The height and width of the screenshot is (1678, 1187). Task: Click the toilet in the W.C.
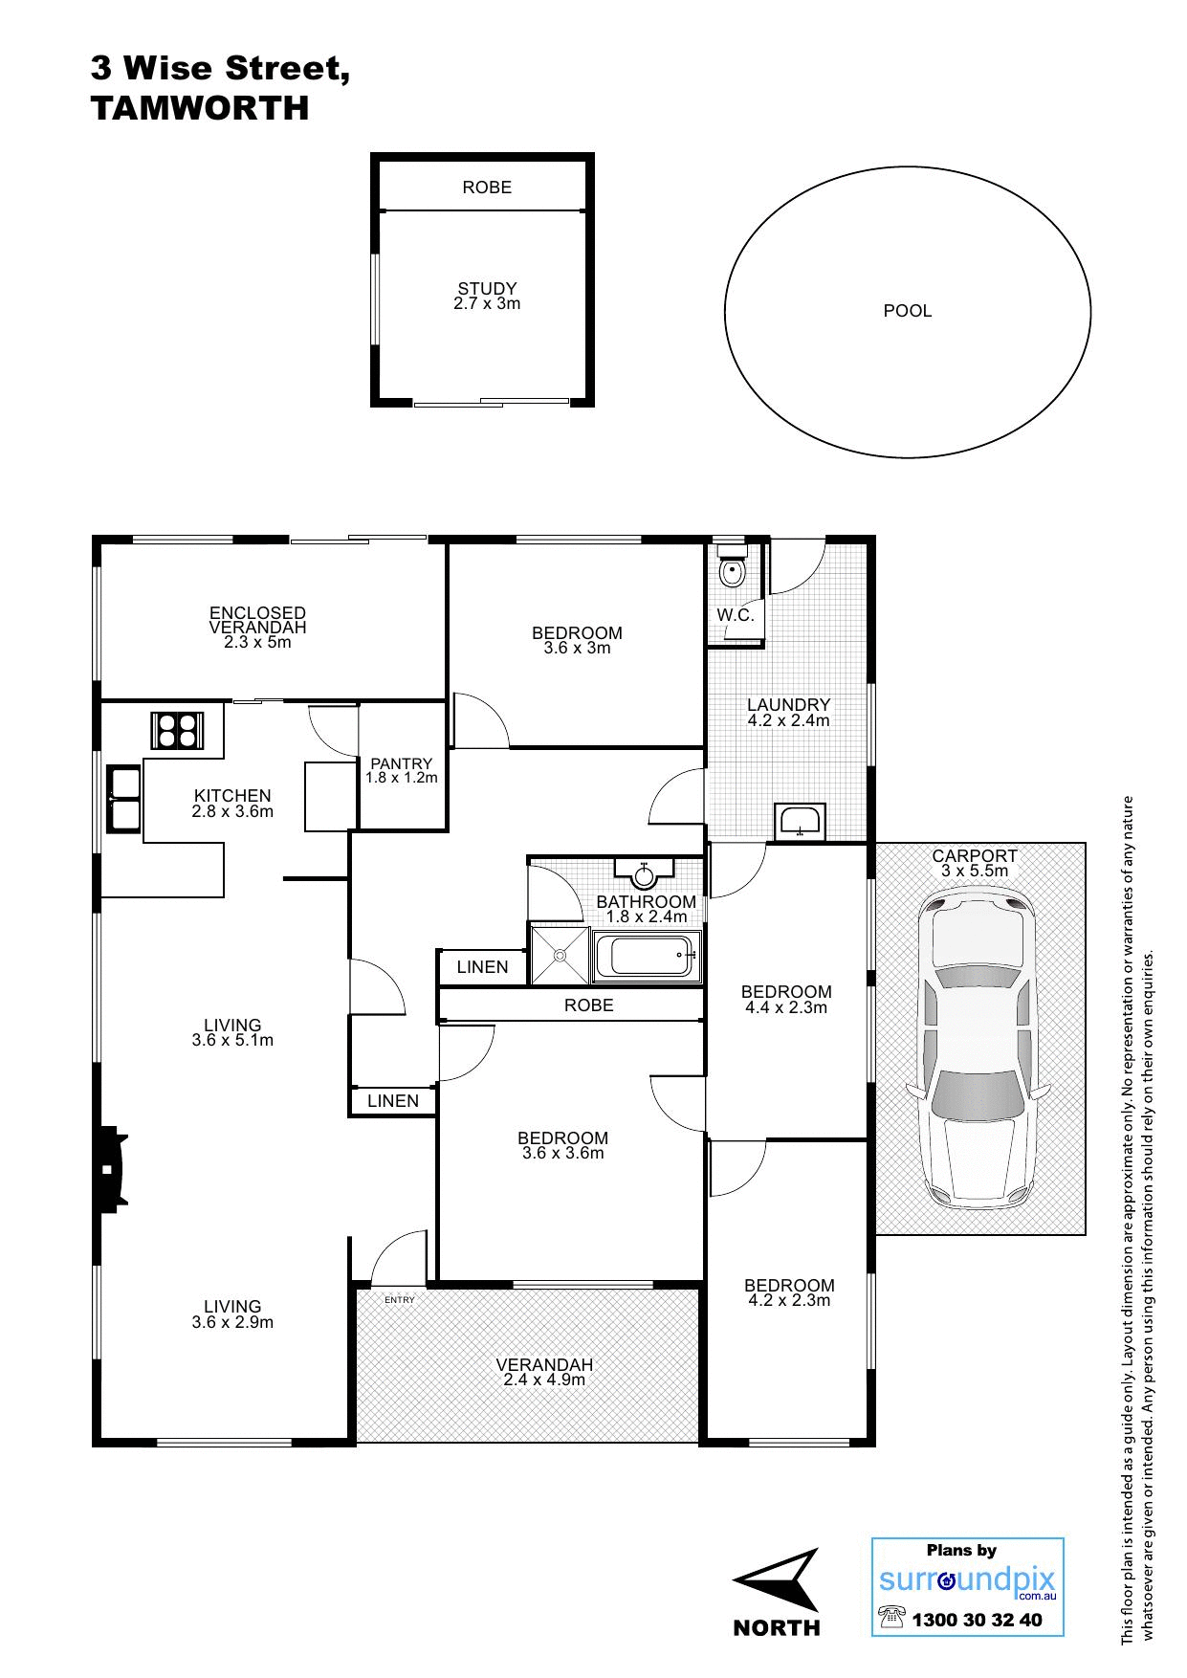(732, 567)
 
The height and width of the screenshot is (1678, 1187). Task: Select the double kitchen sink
(124, 799)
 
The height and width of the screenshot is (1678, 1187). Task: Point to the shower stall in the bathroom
(560, 953)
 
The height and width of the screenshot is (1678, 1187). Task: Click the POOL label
(908, 311)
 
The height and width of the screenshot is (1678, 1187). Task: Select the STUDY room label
(487, 288)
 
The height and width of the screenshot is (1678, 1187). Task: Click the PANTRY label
(402, 763)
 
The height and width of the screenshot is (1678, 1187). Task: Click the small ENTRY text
(400, 1300)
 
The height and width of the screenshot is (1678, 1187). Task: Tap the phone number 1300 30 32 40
(977, 1621)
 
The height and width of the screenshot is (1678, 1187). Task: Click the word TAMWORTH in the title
(200, 108)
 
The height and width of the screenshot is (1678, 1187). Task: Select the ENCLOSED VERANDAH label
(258, 620)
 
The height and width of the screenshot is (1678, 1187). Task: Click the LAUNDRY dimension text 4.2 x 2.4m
(789, 720)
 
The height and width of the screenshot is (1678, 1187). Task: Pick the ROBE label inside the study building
(487, 188)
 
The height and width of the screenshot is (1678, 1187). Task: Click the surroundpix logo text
(967, 1580)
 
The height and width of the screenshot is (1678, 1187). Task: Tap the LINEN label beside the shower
(483, 967)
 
